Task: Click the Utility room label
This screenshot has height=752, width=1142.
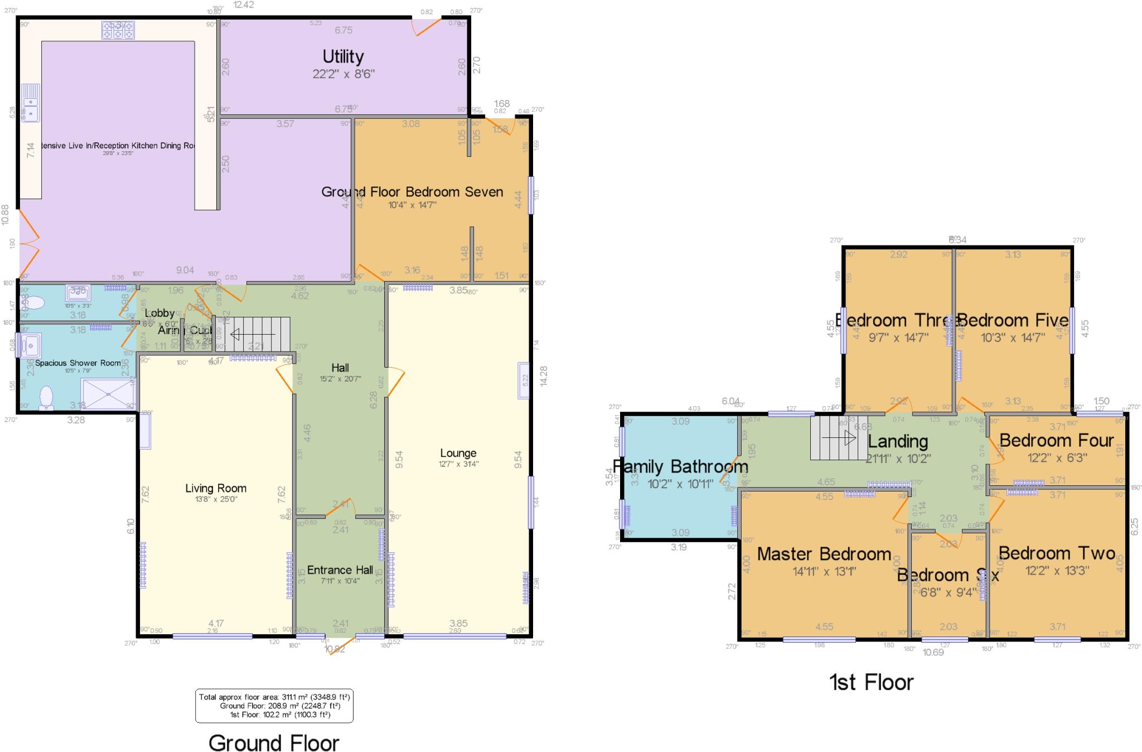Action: pos(343,56)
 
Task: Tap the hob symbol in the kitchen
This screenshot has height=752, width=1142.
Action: pos(118,30)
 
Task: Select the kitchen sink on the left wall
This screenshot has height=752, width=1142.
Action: pos(31,103)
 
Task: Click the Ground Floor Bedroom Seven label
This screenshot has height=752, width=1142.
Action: pos(412,192)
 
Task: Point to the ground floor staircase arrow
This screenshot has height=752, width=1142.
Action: pos(253,335)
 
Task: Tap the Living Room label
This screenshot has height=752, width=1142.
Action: pos(216,488)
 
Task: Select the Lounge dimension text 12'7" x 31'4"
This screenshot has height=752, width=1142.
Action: pos(458,464)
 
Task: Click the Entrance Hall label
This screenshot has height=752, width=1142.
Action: pos(340,570)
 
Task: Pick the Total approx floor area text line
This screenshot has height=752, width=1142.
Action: pos(274,697)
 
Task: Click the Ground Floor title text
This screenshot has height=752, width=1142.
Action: pos(274,743)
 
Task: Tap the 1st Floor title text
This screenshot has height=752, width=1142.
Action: pos(872,682)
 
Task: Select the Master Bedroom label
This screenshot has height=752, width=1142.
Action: pos(824,554)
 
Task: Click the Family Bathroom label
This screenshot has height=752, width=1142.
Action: pos(680,466)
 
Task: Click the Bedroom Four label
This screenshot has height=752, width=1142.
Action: pos(1057,441)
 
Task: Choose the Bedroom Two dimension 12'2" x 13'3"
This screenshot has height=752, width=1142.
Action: pos(1057,570)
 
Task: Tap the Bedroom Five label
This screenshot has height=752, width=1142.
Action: pos(1013,320)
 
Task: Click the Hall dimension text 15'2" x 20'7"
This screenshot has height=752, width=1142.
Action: pos(340,378)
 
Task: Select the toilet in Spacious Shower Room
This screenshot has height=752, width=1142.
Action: pos(46,398)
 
